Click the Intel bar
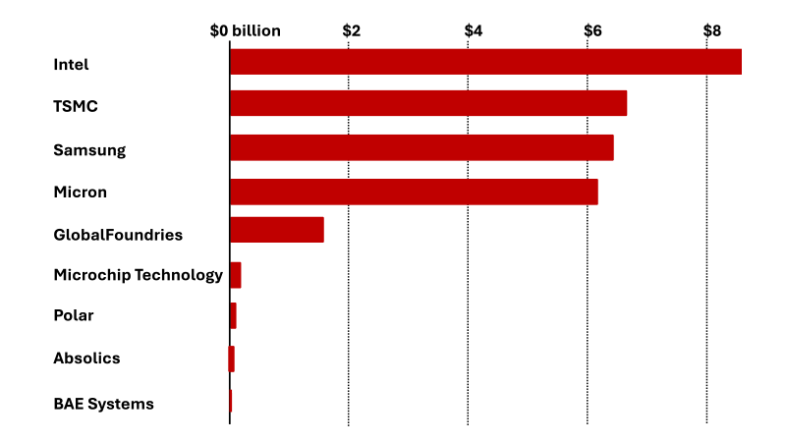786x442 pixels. pyautogui.click(x=485, y=62)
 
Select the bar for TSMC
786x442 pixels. pyautogui.click(x=428, y=103)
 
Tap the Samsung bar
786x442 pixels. pyautogui.click(x=421, y=147)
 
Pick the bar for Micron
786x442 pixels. pyautogui.click(x=414, y=192)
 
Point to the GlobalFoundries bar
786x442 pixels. pyautogui.click(x=277, y=230)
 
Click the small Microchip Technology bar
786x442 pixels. pyautogui.click(x=236, y=275)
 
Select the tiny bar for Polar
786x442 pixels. pyautogui.click(x=233, y=316)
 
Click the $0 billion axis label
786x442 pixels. pyautogui.click(x=246, y=30)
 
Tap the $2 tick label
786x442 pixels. pyautogui.click(x=352, y=30)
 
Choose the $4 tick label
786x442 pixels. pyautogui.click(x=473, y=30)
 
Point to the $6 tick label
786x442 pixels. pyautogui.click(x=592, y=30)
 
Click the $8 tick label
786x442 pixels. pyautogui.click(x=712, y=30)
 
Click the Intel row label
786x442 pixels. pyautogui.click(x=71, y=65)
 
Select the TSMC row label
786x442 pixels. pyautogui.click(x=76, y=106)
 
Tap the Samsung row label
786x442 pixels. pyautogui.click(x=89, y=150)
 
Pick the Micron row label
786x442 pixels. pyautogui.click(x=80, y=192)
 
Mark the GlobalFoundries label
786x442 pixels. pyautogui.click(x=118, y=235)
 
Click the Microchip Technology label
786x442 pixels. pyautogui.click(x=138, y=275)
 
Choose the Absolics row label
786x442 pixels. pyautogui.click(x=86, y=359)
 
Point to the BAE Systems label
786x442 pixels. pyautogui.click(x=103, y=404)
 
